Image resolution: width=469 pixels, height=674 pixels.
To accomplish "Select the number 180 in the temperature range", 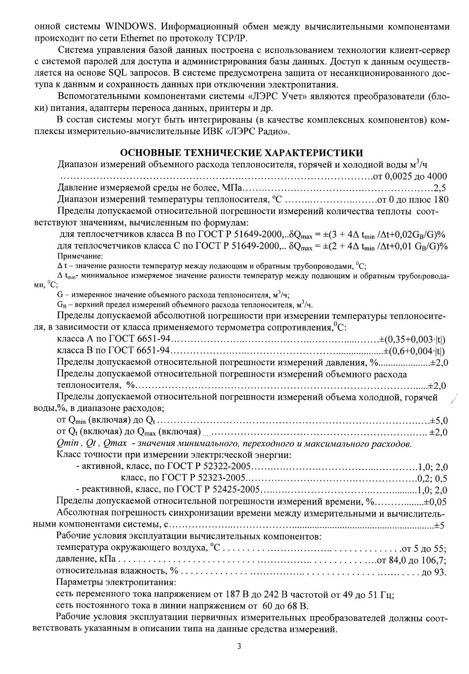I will click(440, 200).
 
